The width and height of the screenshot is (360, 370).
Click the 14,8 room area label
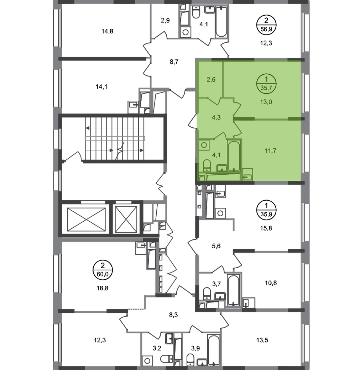107,31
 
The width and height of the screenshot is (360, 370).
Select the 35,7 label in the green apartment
266,88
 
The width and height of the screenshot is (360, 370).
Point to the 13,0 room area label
266,102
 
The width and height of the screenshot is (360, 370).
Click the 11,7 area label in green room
271,150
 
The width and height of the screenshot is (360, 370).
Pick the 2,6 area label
211,80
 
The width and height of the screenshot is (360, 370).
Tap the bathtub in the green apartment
234,155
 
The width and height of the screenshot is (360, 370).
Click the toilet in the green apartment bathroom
207,165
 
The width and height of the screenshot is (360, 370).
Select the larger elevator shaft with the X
86,220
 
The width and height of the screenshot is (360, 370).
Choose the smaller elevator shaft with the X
126,220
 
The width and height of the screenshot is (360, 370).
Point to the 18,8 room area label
103,288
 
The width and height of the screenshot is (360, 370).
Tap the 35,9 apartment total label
266,214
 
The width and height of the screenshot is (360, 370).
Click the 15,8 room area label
266,228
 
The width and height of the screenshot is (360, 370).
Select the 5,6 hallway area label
216,246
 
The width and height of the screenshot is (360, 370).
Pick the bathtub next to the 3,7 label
234,290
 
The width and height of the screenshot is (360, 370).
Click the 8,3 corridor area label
173,315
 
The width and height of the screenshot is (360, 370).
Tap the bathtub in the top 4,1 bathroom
221,22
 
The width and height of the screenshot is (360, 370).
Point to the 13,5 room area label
262,340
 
